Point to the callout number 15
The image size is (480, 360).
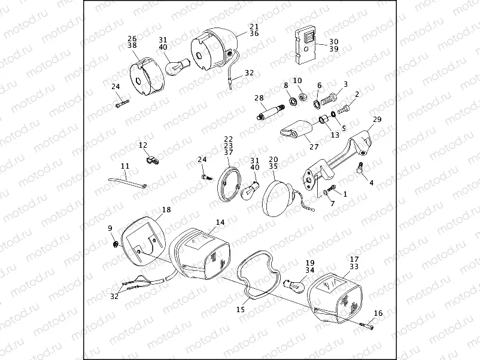click(241, 310)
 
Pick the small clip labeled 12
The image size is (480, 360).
click(151, 160)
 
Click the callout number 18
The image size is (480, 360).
click(166, 210)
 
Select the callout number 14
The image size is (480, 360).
click(220, 222)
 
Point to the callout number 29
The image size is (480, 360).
click(377, 120)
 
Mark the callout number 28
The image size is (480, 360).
click(259, 97)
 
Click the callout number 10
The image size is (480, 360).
click(297, 80)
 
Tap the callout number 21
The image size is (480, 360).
click(254, 27)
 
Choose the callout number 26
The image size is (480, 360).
click(132, 38)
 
